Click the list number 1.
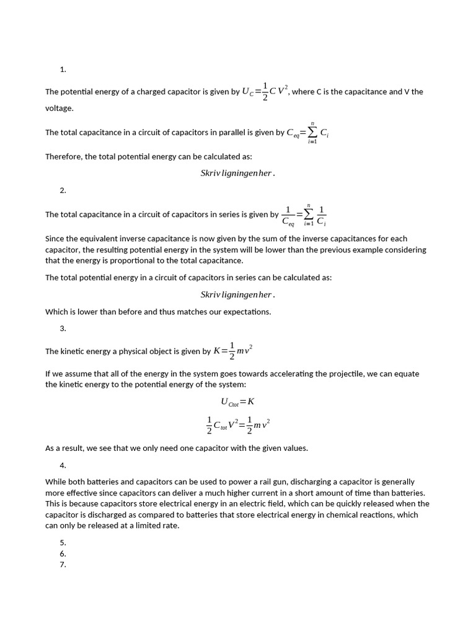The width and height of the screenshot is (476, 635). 63,69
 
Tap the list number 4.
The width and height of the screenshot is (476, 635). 63,465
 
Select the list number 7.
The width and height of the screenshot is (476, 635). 63,564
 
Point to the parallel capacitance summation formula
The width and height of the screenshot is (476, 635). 307,133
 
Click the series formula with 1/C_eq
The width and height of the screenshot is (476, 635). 304,215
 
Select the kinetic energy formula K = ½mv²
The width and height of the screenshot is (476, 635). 232,351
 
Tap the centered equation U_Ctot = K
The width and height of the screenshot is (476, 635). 237,401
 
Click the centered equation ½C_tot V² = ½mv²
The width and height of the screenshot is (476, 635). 237,425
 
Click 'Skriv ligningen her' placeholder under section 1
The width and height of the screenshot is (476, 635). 237,173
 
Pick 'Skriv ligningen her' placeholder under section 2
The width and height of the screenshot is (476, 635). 237,295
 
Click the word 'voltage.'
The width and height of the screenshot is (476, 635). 59,108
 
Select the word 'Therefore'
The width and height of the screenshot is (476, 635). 63,156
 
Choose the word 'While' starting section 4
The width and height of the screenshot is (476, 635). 56,481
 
